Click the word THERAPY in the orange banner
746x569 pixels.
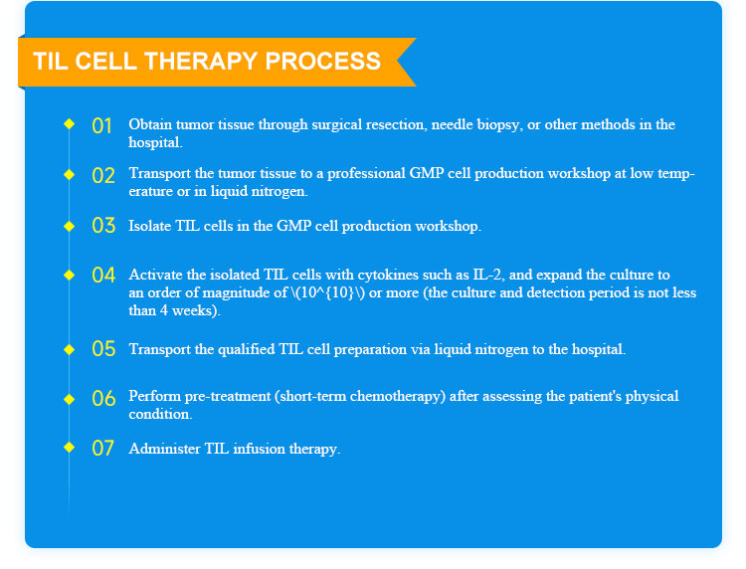[200, 62]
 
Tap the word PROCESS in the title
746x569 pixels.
[323, 62]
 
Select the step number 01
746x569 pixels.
[101, 126]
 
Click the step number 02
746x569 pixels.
[103, 175]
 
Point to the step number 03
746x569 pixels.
[103, 226]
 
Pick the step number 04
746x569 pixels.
[103, 275]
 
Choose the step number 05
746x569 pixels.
[103, 349]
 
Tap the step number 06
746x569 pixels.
[103, 398]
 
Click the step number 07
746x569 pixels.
[102, 449]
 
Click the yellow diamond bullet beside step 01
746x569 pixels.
[69, 124]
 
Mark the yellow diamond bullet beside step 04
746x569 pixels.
[69, 275]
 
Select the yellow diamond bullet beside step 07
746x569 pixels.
[69, 448]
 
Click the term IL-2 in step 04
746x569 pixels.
[488, 275]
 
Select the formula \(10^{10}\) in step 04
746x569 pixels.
[327, 292]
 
